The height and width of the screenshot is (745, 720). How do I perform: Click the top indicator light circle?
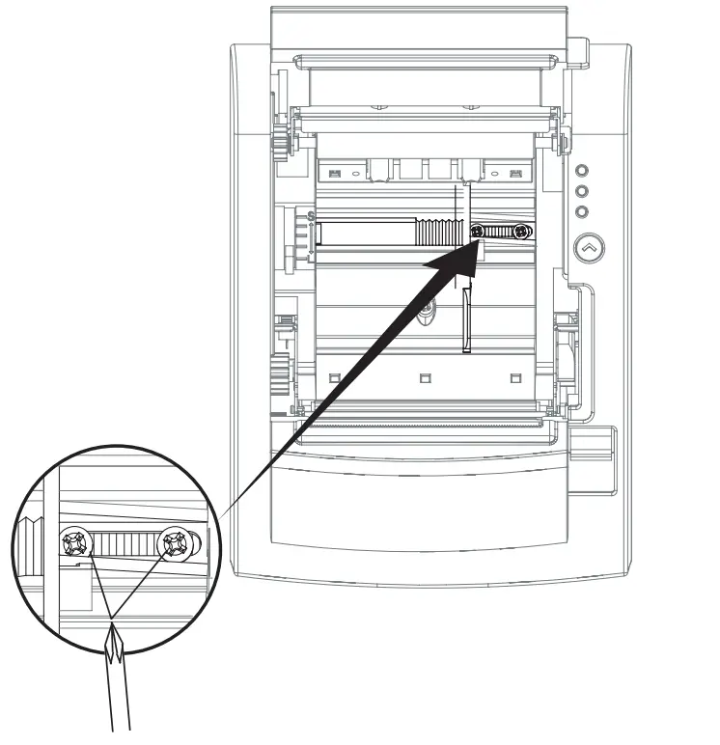[581, 168]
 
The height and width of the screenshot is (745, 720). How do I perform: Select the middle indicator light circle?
[581, 190]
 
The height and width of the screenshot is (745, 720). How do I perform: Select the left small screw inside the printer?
[478, 232]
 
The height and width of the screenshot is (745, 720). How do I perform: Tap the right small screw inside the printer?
[521, 232]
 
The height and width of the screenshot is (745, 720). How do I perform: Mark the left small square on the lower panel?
[333, 375]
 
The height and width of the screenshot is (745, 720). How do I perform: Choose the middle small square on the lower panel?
[425, 375]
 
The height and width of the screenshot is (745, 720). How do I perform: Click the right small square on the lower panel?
[515, 375]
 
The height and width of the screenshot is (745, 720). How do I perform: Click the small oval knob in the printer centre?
[425, 311]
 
